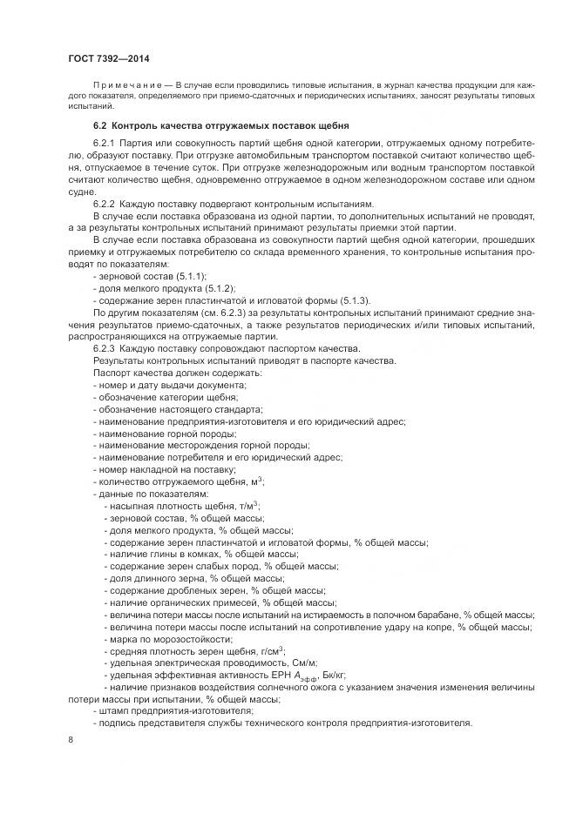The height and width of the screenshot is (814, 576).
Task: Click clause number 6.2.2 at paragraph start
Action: coord(105,203)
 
